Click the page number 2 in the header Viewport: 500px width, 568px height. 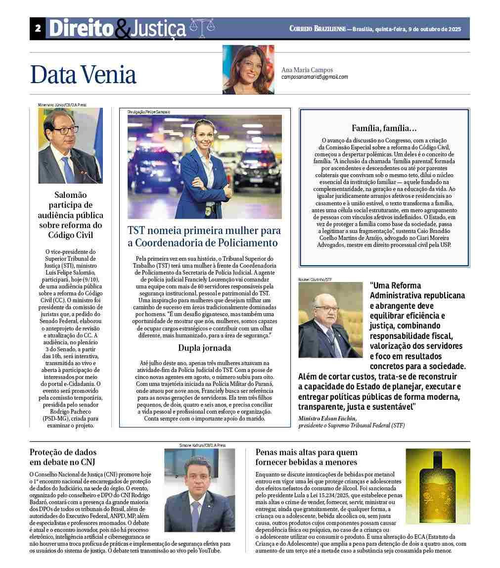38,29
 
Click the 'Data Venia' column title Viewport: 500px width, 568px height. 83,75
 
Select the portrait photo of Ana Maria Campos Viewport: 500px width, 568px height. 248,70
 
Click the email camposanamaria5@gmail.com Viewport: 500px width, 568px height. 315,77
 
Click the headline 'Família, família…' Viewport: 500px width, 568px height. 384,128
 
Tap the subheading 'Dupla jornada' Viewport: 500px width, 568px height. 204,347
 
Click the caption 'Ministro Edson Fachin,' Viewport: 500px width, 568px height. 327,418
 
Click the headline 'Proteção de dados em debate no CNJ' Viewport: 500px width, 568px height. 63,457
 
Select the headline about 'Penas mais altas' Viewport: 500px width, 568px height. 306,457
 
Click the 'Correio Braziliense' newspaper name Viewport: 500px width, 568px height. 318,29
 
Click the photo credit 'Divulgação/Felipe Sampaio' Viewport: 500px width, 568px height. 148,112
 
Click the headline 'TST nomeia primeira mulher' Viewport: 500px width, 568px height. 204,237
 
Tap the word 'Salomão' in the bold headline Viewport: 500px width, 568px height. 70,195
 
